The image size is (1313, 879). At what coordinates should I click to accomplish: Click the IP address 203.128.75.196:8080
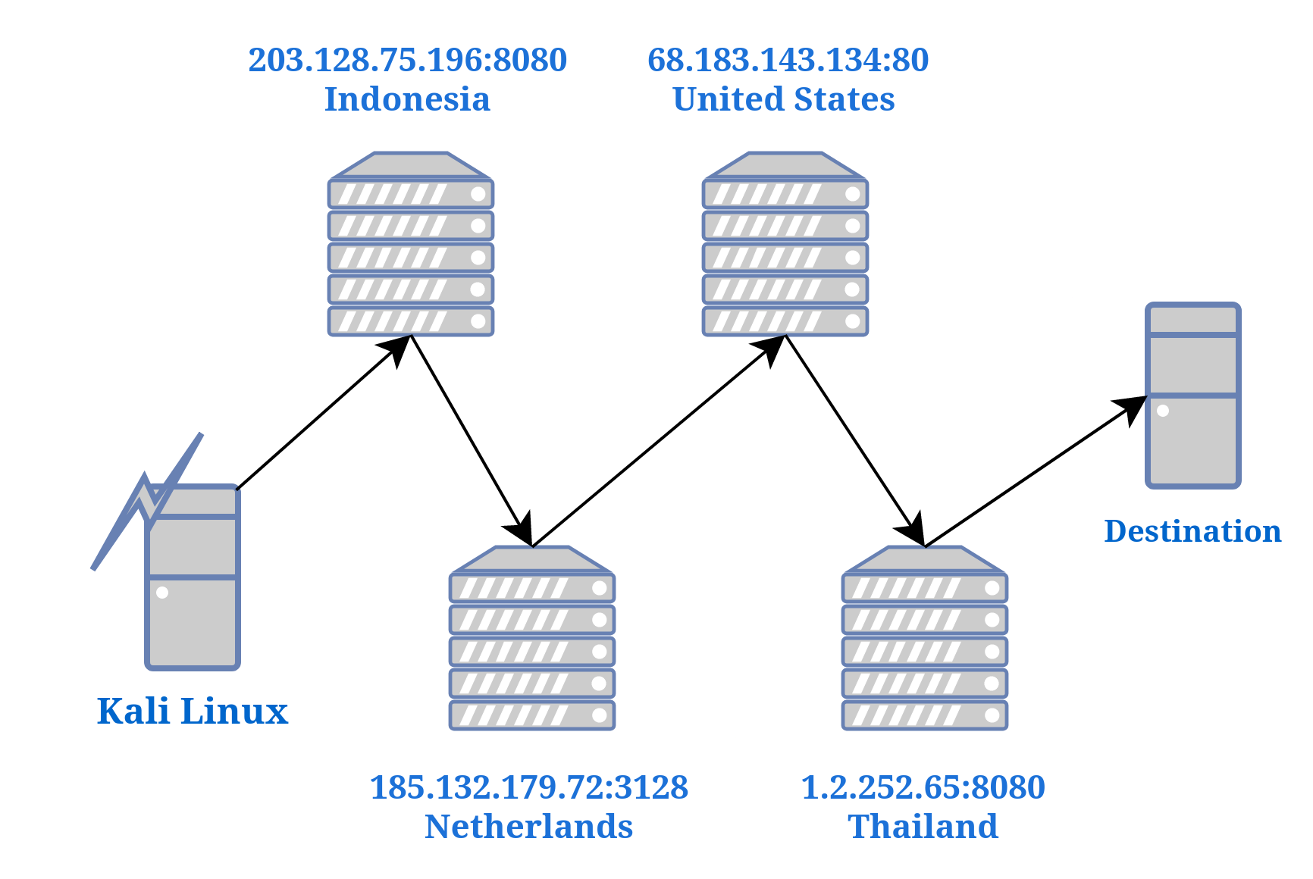pos(407,61)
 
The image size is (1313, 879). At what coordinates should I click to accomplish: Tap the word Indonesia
pos(407,99)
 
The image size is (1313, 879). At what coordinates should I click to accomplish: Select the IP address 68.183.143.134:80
pos(788,61)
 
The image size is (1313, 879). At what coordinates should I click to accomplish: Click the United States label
pos(783,99)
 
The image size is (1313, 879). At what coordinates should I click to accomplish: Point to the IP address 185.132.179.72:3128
pos(528,788)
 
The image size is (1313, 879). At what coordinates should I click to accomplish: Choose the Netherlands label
pos(528,827)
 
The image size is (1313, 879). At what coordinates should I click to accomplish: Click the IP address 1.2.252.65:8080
pos(923,788)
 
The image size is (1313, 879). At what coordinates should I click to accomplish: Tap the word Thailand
pos(923,827)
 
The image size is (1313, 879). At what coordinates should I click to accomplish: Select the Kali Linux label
pos(193,712)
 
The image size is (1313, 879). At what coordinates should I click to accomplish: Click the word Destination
pos(1192,531)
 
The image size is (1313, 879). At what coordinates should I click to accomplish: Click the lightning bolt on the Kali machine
pos(149,500)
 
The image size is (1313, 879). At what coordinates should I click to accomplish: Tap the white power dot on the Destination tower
pos(1162,411)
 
